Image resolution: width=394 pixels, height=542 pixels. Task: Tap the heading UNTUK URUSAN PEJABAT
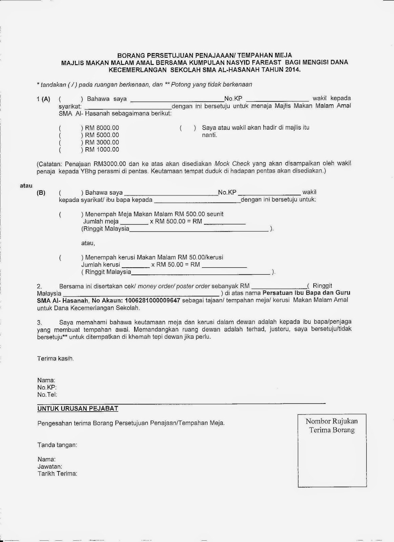click(78, 409)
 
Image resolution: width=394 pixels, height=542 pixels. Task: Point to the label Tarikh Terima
click(57, 474)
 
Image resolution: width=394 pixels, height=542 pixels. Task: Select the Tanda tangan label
click(57, 445)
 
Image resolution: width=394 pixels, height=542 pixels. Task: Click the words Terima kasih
click(55, 358)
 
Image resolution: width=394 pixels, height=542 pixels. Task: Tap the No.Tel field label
click(47, 395)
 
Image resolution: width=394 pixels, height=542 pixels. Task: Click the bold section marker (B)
click(41, 193)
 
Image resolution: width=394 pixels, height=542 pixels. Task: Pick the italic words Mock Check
click(232, 164)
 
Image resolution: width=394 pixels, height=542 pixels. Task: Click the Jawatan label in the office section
click(50, 466)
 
